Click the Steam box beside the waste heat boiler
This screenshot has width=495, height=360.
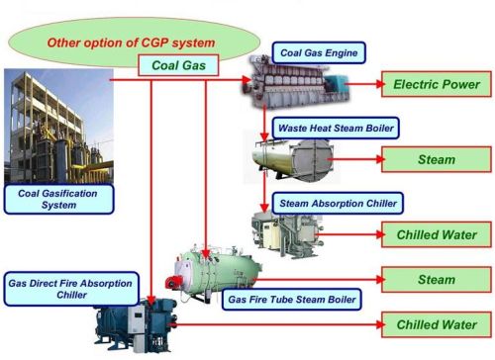[436, 157]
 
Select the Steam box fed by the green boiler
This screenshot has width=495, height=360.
[436, 280]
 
